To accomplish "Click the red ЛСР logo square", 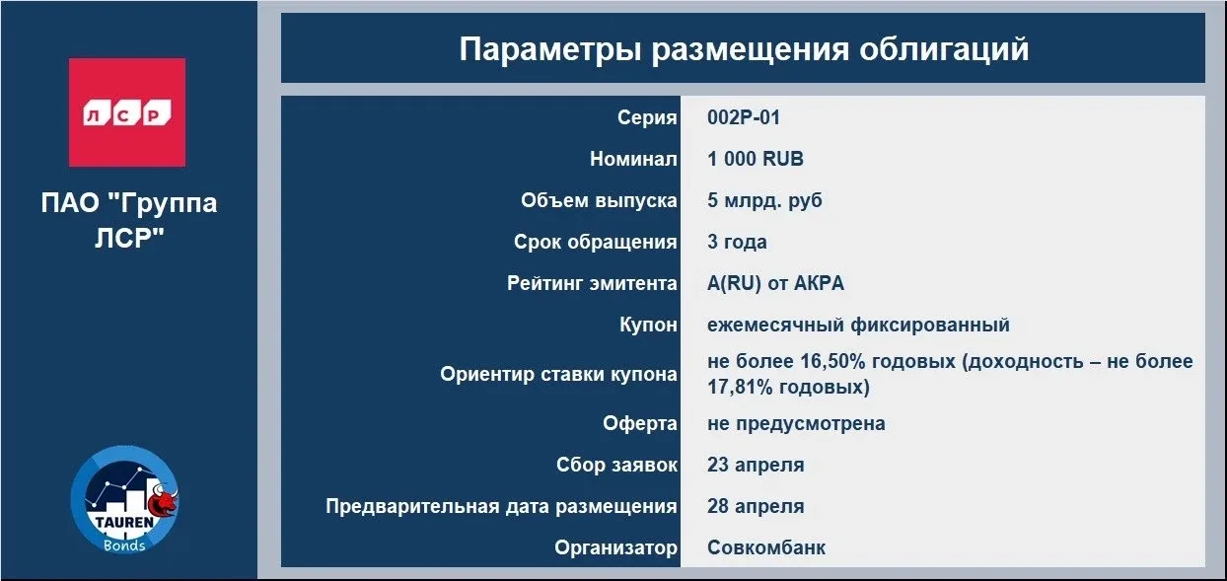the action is pyautogui.click(x=127, y=112).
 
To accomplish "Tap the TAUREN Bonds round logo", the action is pyautogui.click(x=124, y=500).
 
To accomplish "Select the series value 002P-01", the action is pyautogui.click(x=744, y=117).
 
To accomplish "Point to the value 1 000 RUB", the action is pyautogui.click(x=756, y=159).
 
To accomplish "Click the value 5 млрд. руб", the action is pyautogui.click(x=764, y=200).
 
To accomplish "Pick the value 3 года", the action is pyautogui.click(x=737, y=242).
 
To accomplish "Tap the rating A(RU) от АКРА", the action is pyautogui.click(x=775, y=283).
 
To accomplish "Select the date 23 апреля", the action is pyautogui.click(x=756, y=465).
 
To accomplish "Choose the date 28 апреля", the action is pyautogui.click(x=756, y=506).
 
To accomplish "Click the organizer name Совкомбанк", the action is pyautogui.click(x=765, y=547).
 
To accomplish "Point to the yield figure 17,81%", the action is pyautogui.click(x=740, y=387).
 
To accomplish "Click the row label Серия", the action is pyautogui.click(x=647, y=117).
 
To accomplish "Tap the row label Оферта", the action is pyautogui.click(x=640, y=423).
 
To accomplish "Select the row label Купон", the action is pyautogui.click(x=648, y=325).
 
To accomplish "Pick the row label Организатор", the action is pyautogui.click(x=615, y=547).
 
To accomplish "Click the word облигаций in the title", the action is pyautogui.click(x=944, y=48).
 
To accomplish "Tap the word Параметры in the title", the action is pyautogui.click(x=550, y=48).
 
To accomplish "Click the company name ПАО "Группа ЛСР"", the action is pyautogui.click(x=129, y=220).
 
